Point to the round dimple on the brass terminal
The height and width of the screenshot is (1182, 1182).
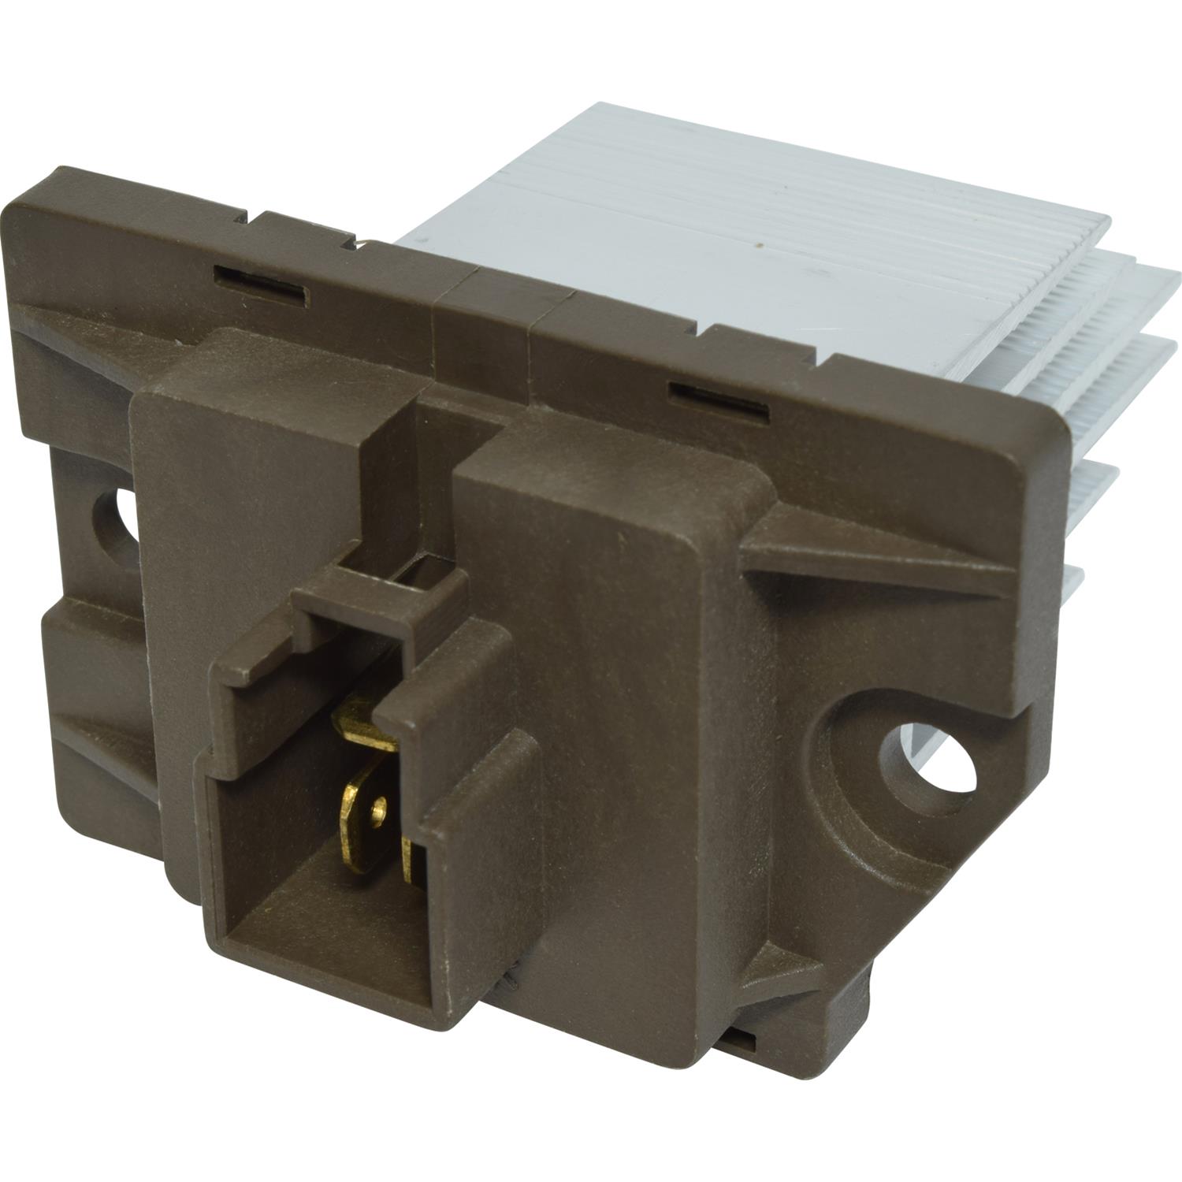[x=381, y=805]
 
